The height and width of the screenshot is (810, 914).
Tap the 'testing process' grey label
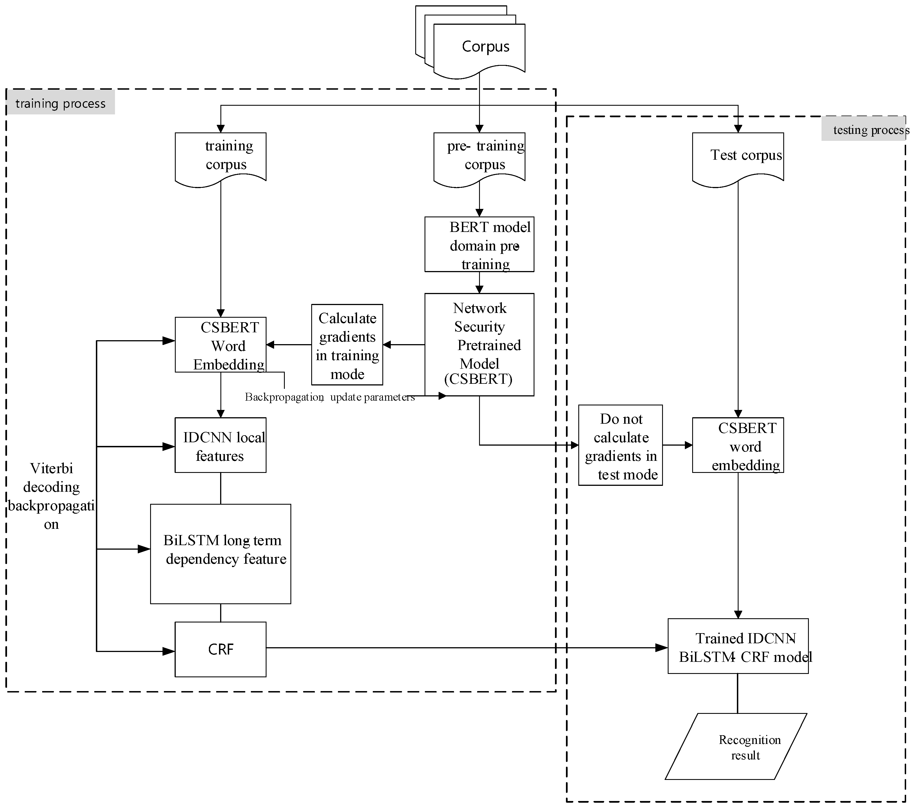(x=865, y=129)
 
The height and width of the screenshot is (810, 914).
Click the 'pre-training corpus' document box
(x=479, y=157)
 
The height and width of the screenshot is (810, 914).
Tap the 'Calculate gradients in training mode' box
(x=347, y=344)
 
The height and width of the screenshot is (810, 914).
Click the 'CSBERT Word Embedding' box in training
(x=220, y=344)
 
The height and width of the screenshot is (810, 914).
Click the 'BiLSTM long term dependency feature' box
(x=220, y=554)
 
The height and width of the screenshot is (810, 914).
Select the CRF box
(x=220, y=649)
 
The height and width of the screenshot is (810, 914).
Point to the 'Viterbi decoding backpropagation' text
(x=51, y=496)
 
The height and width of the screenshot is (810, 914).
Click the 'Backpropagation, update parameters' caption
(x=330, y=397)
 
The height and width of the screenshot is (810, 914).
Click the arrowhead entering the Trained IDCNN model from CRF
(x=662, y=647)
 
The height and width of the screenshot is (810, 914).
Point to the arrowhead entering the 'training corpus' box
(x=220, y=128)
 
